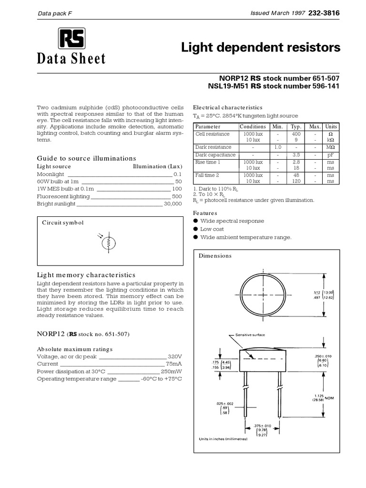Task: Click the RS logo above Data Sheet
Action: (x=71, y=38)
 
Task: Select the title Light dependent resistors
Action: (x=261, y=48)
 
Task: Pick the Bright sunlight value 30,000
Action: (x=173, y=204)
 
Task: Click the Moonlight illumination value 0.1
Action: (x=177, y=174)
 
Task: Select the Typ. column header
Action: (x=296, y=127)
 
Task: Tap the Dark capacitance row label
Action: (x=215, y=155)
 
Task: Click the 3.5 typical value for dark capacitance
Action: (x=296, y=155)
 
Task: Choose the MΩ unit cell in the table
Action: (x=330, y=147)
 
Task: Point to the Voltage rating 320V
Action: (x=174, y=356)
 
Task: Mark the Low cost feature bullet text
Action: (x=212, y=229)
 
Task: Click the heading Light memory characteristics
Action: (x=86, y=275)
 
